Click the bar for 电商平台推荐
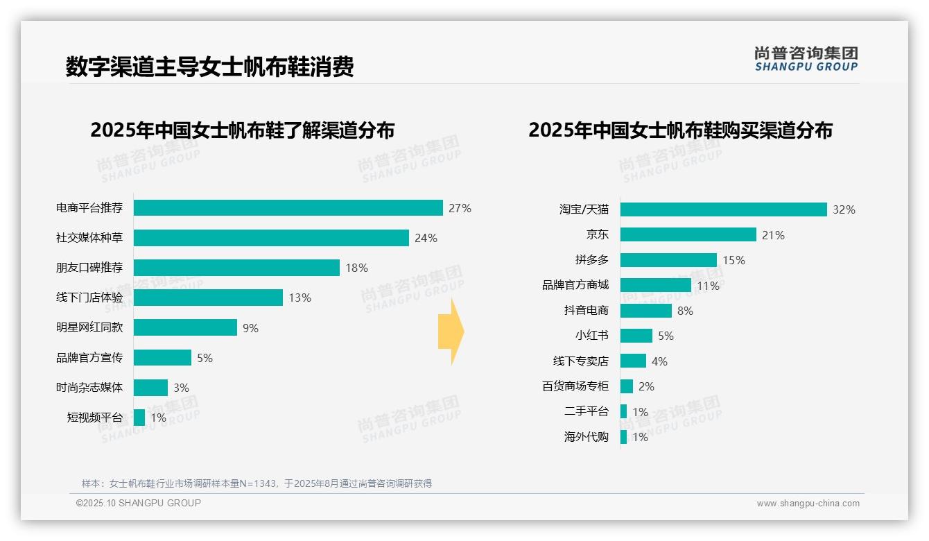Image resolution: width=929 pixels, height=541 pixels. (288, 208)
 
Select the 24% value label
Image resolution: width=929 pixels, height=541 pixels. (426, 238)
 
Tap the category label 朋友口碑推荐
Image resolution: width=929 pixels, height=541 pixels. (89, 268)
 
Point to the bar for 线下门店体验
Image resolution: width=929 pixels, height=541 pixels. (208, 298)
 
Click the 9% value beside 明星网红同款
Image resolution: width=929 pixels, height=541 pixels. (250, 328)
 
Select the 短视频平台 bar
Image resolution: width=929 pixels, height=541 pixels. (139, 418)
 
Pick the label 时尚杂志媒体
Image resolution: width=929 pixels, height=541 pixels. (89, 388)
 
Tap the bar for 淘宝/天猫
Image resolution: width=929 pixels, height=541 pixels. (723, 209)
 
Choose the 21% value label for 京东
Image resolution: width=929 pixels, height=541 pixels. (773, 235)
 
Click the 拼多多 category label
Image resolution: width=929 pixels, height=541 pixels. (591, 260)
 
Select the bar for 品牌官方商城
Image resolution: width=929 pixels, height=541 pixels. (655, 285)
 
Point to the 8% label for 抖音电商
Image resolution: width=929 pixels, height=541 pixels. (685, 311)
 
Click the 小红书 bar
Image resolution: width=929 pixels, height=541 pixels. (636, 336)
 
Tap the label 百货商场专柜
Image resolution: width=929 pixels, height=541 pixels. (575, 386)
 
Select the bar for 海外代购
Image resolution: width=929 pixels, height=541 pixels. (623, 437)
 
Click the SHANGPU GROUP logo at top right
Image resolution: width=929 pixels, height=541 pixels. (806, 59)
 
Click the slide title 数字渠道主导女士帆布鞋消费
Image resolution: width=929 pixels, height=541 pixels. (210, 67)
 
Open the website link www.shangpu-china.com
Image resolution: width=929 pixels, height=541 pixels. (808, 504)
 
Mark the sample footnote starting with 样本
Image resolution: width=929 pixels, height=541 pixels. (257, 483)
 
